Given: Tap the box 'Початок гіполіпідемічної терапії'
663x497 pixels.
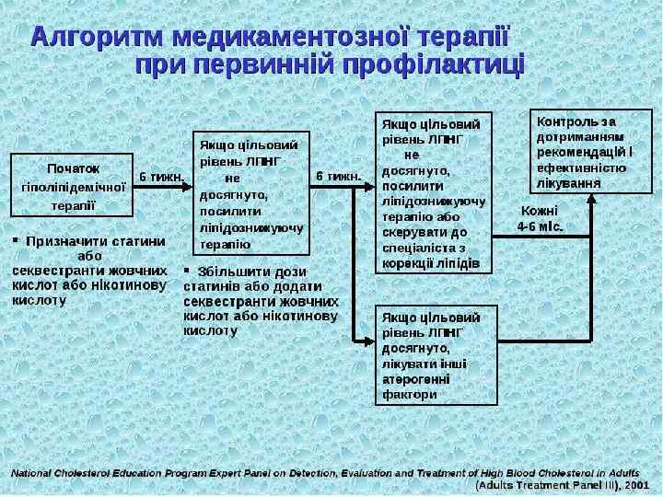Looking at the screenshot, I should pos(74,186).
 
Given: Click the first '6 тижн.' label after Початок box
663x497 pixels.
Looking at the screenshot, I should pos(162,175).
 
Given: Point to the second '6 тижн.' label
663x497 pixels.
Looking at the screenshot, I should pos(339,175).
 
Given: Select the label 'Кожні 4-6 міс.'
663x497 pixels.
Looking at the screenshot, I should pos(540,217).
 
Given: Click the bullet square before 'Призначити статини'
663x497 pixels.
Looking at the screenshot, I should pos(15,241).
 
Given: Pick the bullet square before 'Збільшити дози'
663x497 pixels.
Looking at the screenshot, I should pos(187,271).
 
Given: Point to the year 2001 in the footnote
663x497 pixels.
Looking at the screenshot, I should pos(636,483).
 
